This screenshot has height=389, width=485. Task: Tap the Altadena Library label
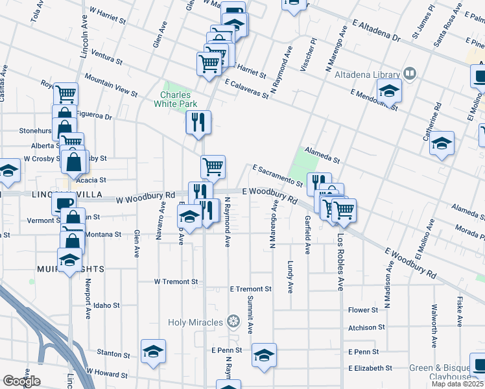pyautogui.click(x=366, y=75)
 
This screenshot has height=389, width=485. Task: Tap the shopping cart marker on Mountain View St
pyautogui.click(x=209, y=64)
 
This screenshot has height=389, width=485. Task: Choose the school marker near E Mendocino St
pyautogui.click(x=389, y=91)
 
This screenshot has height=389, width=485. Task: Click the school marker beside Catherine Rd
pyautogui.click(x=441, y=143)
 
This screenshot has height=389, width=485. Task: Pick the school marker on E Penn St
pyautogui.click(x=264, y=355)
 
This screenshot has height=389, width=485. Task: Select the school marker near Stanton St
pyautogui.click(x=153, y=351)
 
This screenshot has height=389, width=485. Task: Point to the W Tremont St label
pyautogui.click(x=176, y=282)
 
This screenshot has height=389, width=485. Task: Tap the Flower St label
pyautogui.click(x=362, y=311)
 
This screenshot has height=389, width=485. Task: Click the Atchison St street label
pyautogui.click(x=366, y=328)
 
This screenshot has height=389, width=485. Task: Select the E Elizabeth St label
pyautogui.click(x=370, y=368)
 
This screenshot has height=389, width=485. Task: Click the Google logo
pyautogui.click(x=21, y=381)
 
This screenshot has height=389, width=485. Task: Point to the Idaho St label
pyautogui.click(x=106, y=305)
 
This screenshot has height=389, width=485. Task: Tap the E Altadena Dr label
pyautogui.click(x=376, y=31)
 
